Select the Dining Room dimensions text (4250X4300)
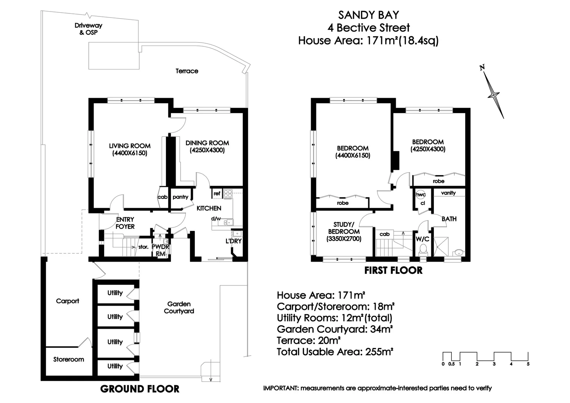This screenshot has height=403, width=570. coord(207,150)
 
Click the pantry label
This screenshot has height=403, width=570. coord(181,197)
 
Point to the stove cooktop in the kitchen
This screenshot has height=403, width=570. coord(228,194)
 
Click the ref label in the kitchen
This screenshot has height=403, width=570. coord(217,194)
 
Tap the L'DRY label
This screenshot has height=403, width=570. coord(234,241)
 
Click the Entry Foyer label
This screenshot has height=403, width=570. coord(125,223)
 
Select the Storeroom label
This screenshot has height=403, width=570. coord(68,359)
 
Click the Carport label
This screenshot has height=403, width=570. coord(68,301)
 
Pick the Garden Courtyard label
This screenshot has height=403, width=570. coord(179,307)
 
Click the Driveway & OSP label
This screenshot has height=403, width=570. coord(88,29)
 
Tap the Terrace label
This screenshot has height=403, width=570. coord(187,71)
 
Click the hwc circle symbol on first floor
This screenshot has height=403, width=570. coord(421,195)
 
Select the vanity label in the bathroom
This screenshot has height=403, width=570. coord(448,193)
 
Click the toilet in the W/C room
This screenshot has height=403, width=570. coord(423,249)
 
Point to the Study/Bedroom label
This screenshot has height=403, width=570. coord(344,231)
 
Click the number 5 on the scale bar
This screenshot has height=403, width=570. coord(528,364)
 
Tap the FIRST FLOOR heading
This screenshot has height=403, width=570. coord(393,271)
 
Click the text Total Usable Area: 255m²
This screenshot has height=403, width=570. coord(335,352)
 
